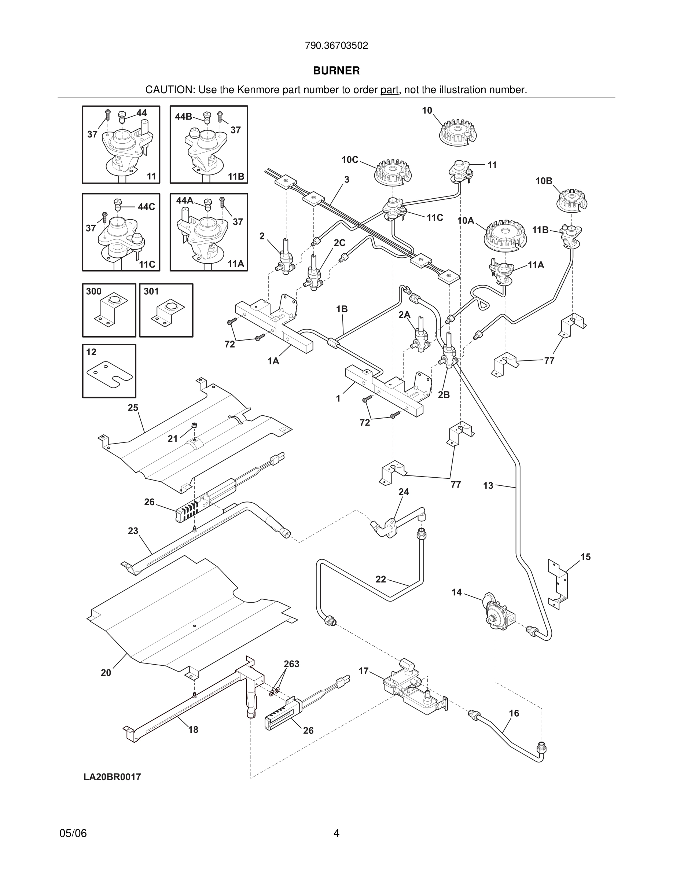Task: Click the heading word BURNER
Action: [x=336, y=71]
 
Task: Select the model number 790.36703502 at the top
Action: [x=336, y=45]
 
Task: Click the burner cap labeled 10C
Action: [x=393, y=172]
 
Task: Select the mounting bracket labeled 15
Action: [x=558, y=584]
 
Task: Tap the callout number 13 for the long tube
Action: [x=488, y=486]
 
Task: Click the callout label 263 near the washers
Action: [x=291, y=664]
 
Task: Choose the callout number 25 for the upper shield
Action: [x=133, y=408]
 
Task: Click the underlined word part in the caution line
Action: [x=389, y=90]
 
